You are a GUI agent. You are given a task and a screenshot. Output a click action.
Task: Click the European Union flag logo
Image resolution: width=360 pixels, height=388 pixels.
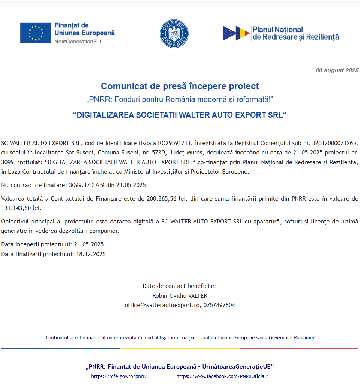[x=36, y=33]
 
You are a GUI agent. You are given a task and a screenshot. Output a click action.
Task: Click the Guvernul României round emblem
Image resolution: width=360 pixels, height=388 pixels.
[x=174, y=34]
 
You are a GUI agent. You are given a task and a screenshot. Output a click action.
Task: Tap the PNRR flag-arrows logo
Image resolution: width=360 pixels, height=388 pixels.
[x=236, y=33]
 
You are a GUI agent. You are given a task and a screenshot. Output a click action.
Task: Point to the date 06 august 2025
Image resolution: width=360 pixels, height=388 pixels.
[x=337, y=70]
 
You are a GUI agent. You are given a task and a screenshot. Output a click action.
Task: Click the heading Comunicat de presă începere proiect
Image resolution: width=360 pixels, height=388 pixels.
[x=180, y=86]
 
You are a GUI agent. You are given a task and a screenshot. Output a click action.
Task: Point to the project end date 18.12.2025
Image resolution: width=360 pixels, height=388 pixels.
[x=91, y=254]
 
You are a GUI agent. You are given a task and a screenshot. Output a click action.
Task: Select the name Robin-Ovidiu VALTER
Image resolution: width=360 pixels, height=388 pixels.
[x=180, y=295]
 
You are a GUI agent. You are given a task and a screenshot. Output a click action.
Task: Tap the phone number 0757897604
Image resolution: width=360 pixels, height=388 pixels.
[x=219, y=305]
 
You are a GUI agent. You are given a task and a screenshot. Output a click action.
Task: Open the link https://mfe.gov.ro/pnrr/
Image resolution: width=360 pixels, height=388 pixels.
[x=119, y=376]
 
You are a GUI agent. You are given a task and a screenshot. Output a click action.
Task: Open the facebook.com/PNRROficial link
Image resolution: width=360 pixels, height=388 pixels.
[x=222, y=376]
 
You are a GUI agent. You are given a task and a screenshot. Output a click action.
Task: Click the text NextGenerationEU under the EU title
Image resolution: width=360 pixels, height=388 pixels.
[x=78, y=41]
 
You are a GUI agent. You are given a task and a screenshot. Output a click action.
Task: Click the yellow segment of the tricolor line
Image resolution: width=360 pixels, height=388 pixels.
[x=180, y=348]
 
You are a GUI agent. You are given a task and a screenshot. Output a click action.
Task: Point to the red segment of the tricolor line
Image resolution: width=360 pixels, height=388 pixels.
[x=299, y=348]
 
